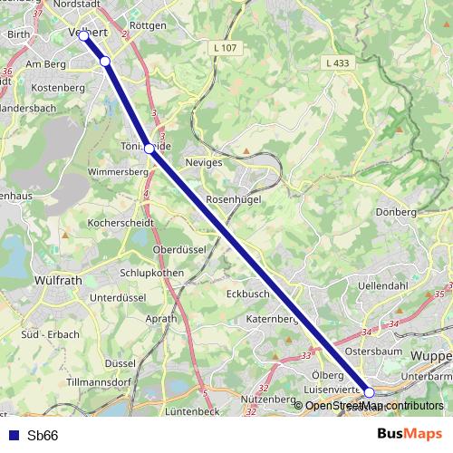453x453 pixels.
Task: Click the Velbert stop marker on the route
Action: pyautogui.click(x=84, y=36)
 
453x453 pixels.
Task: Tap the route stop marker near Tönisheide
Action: pyautogui.click(x=149, y=148)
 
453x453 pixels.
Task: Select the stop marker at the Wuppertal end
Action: pyautogui.click(x=369, y=392)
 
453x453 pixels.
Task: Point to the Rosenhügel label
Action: pyautogui.click(x=234, y=198)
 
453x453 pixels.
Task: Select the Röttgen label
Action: pyautogui.click(x=149, y=26)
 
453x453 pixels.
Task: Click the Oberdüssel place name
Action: pyautogui.click(x=180, y=249)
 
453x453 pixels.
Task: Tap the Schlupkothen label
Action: pyautogui.click(x=152, y=273)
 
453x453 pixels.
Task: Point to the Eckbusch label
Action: pyautogui.click(x=248, y=294)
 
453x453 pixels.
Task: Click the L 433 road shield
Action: pyautogui.click(x=334, y=63)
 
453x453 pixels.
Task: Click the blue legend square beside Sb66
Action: pyautogui.click(x=14, y=436)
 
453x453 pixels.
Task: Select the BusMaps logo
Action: pyautogui.click(x=410, y=435)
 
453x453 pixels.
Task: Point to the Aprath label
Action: pyautogui.click(x=160, y=319)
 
